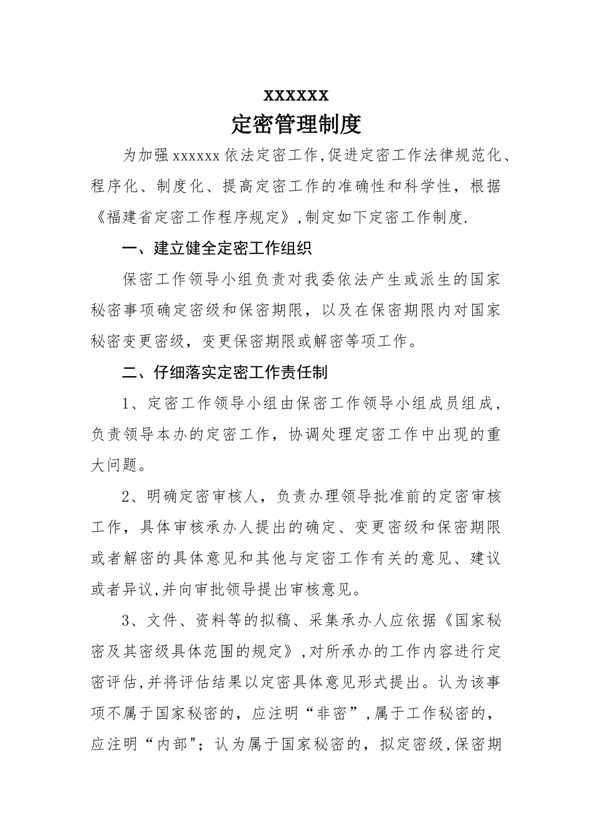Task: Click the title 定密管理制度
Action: (x=296, y=125)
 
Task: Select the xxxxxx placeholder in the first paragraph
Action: (x=195, y=156)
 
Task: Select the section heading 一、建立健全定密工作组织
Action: (x=217, y=249)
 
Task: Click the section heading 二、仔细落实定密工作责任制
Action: (x=225, y=372)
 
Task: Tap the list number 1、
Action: (x=134, y=404)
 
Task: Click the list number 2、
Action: (x=134, y=496)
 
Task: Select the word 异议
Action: (x=138, y=589)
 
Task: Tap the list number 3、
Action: (x=134, y=620)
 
